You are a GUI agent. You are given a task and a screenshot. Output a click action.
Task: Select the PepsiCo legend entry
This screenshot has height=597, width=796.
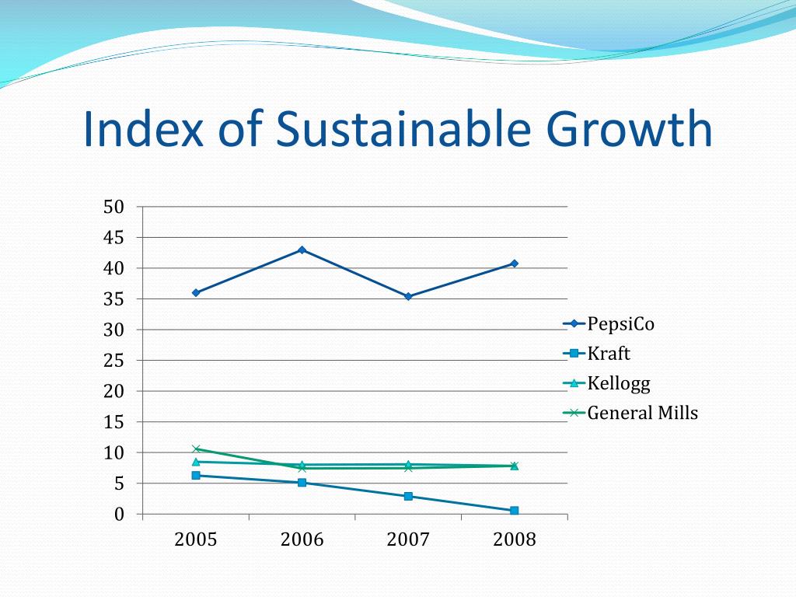click(620, 324)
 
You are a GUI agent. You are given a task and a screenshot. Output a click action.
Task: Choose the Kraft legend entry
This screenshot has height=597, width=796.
click(608, 354)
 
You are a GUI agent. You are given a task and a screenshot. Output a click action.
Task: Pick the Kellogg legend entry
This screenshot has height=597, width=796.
click(618, 383)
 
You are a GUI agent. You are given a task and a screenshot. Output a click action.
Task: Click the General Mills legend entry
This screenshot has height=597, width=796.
click(642, 413)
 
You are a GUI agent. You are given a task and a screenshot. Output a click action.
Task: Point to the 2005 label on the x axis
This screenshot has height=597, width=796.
click(196, 539)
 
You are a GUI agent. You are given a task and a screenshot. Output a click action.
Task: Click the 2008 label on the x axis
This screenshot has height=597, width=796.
click(515, 539)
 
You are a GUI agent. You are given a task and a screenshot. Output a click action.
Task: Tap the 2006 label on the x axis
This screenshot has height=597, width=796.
click(302, 539)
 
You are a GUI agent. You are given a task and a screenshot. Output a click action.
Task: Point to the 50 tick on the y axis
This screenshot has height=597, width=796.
click(114, 207)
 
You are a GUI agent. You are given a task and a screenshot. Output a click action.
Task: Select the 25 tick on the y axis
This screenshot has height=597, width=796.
click(114, 361)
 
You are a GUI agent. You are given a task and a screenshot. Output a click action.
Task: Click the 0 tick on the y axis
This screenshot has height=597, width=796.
click(119, 515)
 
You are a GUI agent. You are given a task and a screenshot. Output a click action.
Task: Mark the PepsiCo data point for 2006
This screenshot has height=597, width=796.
click(302, 250)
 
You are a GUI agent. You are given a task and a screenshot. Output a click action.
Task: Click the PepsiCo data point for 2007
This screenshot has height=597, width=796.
click(408, 296)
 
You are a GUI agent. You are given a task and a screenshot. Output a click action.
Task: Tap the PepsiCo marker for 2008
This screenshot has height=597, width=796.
click(515, 264)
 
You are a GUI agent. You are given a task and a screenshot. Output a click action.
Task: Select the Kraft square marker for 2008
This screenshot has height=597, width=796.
click(515, 511)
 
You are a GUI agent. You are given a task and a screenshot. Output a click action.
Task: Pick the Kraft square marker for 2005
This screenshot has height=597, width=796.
click(196, 475)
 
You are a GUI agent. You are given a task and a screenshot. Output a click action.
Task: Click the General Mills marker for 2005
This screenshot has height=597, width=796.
click(196, 449)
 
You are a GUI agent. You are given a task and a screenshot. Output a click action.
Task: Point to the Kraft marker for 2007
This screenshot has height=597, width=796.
click(408, 496)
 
